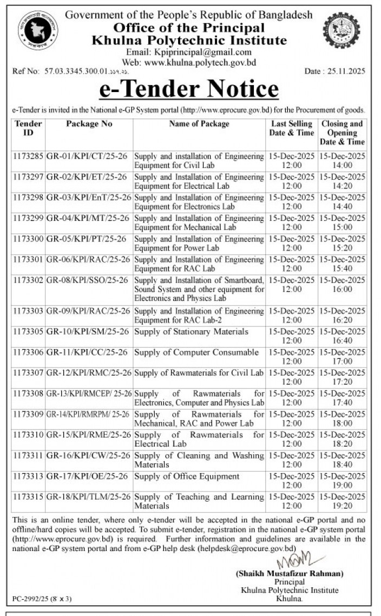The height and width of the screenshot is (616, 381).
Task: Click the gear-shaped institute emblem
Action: (341, 31)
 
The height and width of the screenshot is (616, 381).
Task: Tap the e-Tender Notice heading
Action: (189, 89)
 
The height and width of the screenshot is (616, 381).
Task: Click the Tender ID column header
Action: (28, 128)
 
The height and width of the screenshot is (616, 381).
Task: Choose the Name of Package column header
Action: (199, 124)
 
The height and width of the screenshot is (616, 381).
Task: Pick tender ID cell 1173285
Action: (28, 156)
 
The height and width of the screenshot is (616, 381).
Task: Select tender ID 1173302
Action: (28, 280)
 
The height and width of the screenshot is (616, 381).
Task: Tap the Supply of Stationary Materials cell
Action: (191, 331)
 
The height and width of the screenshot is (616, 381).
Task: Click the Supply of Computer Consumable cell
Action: (196, 352)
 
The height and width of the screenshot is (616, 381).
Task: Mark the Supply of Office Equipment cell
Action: (187, 476)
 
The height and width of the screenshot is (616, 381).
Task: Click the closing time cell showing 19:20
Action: (343, 501)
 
